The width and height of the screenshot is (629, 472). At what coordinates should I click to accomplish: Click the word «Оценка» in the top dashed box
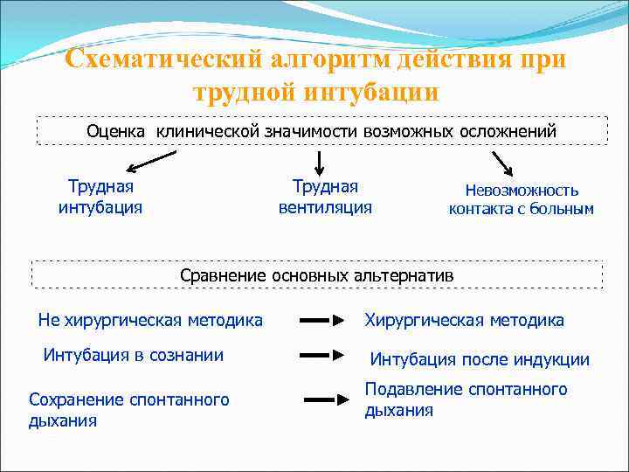pyautogui.click(x=118, y=131)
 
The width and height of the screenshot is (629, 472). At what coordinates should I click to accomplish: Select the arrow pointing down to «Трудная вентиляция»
pyautogui.click(x=320, y=162)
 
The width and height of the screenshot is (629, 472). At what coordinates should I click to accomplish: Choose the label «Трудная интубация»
pyautogui.click(x=100, y=197)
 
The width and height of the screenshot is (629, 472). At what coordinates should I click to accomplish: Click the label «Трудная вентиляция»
pyautogui.click(x=325, y=197)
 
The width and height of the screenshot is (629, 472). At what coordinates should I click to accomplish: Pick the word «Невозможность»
pyautogui.click(x=522, y=190)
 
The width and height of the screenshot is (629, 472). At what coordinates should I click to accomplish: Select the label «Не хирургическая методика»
pyautogui.click(x=150, y=320)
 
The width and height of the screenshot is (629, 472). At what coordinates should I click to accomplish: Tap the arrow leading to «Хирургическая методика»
pyautogui.click(x=321, y=321)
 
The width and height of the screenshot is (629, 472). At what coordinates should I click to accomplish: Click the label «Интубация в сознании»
pyautogui.click(x=133, y=355)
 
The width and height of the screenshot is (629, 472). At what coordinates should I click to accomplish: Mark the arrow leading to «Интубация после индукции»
pyautogui.click(x=321, y=355)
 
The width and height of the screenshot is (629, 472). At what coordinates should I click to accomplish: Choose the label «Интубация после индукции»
pyautogui.click(x=480, y=359)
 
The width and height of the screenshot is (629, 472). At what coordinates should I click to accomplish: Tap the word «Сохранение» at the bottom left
pyautogui.click(x=76, y=399)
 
